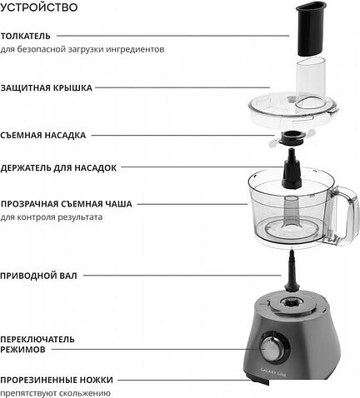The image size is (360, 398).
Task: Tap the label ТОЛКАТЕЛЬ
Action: pos(26,36)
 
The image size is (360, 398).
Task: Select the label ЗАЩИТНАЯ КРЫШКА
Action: pos(47,87)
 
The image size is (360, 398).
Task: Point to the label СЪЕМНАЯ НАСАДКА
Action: pos(43,134)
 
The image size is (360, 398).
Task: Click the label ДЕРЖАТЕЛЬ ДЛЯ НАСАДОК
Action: pos(58,167)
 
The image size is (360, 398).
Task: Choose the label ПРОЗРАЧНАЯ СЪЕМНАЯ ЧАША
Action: pos(67,203)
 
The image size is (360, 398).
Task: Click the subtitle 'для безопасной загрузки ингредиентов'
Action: pos(82,50)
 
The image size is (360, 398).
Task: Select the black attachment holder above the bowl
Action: pos(292,171)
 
